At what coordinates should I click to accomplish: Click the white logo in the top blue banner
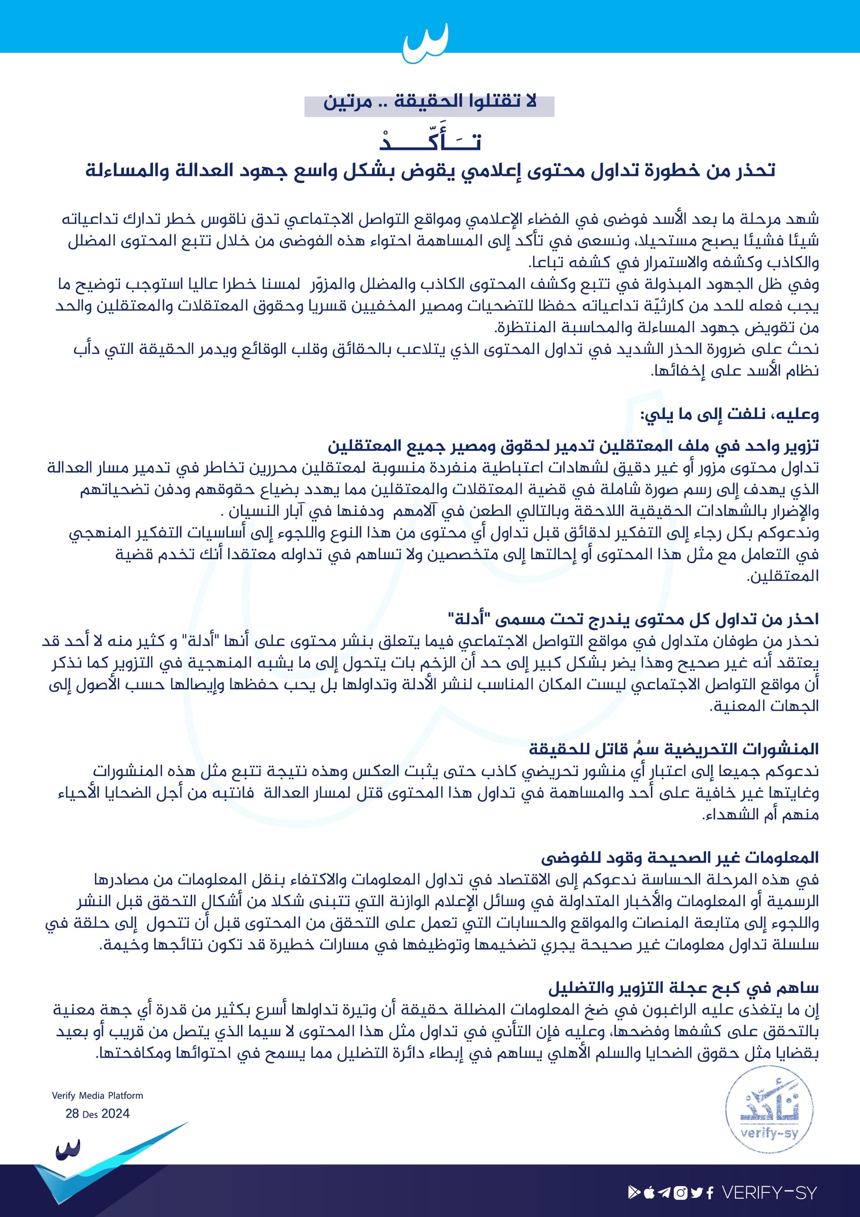click(x=426, y=43)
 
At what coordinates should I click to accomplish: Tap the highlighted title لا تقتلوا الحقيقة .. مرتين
click(x=430, y=101)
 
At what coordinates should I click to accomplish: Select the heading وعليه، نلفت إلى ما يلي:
click(x=730, y=414)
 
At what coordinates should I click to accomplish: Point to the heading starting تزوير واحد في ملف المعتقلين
click(x=573, y=445)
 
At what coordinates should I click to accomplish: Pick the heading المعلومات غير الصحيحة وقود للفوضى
click(x=680, y=857)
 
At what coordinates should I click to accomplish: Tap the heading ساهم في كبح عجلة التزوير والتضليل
click(x=684, y=988)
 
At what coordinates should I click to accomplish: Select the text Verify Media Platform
click(x=98, y=1095)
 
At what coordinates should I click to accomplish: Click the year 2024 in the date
click(x=116, y=1113)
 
